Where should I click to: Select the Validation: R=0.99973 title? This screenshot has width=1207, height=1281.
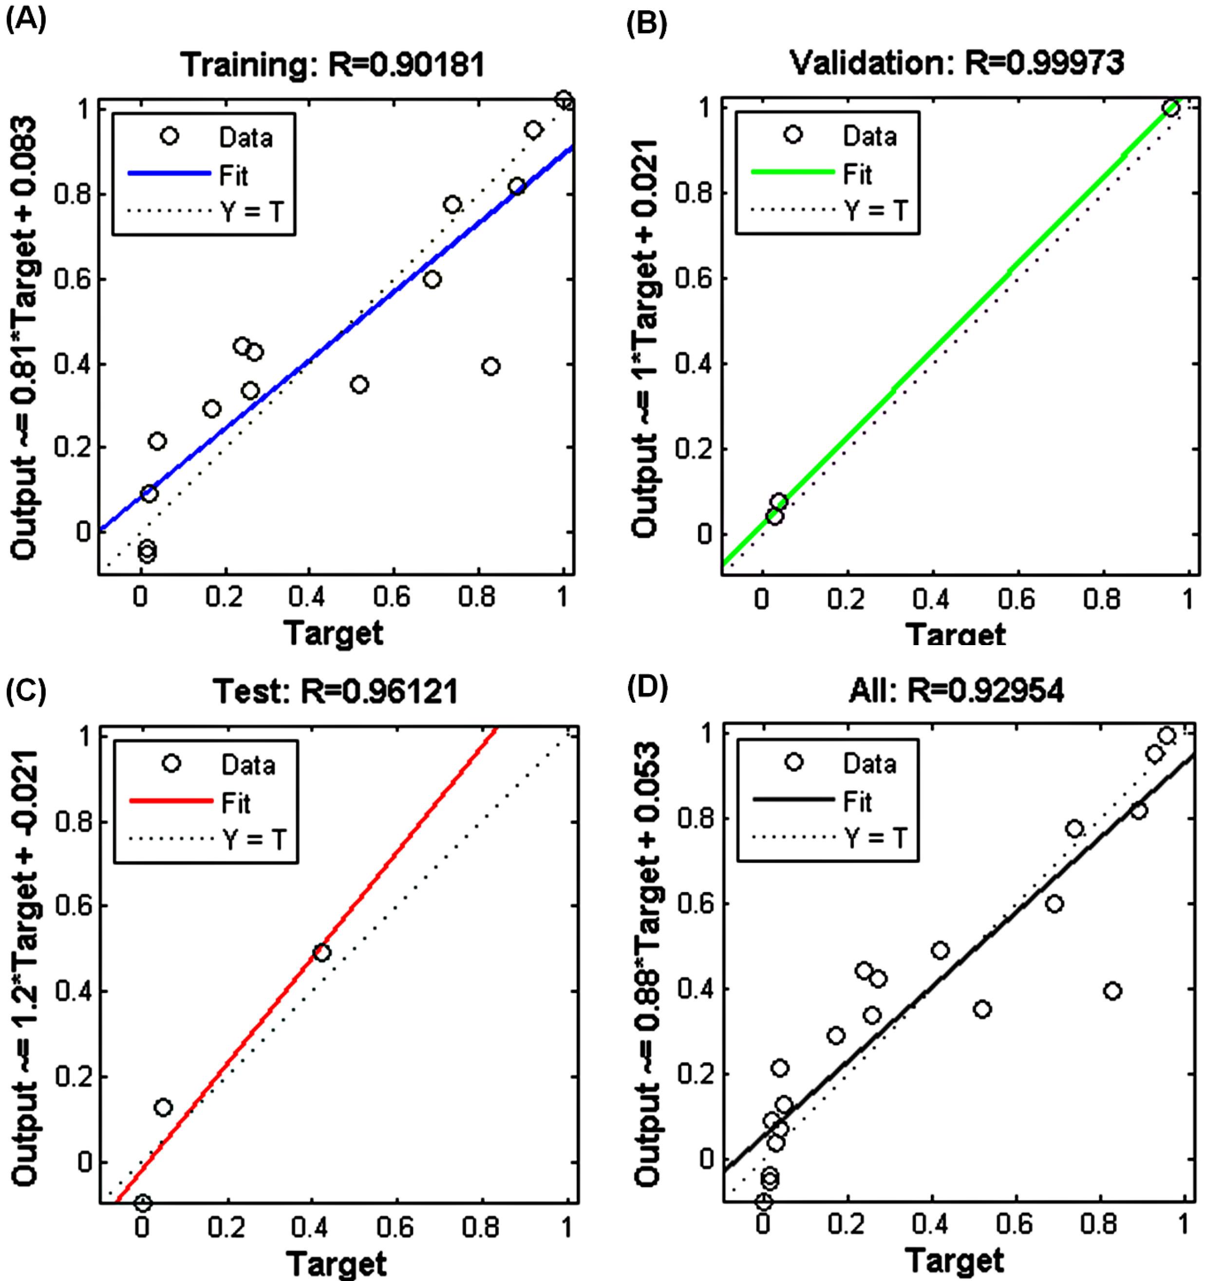point(957,62)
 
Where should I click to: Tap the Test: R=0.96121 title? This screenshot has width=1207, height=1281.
point(335,691)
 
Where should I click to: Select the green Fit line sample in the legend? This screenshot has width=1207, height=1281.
point(793,172)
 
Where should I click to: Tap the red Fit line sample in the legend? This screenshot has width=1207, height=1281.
point(171,801)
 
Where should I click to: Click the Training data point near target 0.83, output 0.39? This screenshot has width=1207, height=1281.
point(491,366)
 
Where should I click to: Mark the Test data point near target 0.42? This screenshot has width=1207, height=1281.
point(321,953)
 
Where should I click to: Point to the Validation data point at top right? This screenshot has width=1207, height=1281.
point(1171,108)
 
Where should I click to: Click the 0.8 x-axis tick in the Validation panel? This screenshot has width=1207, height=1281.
point(1101,599)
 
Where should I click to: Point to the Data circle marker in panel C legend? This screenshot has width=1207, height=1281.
point(171,764)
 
